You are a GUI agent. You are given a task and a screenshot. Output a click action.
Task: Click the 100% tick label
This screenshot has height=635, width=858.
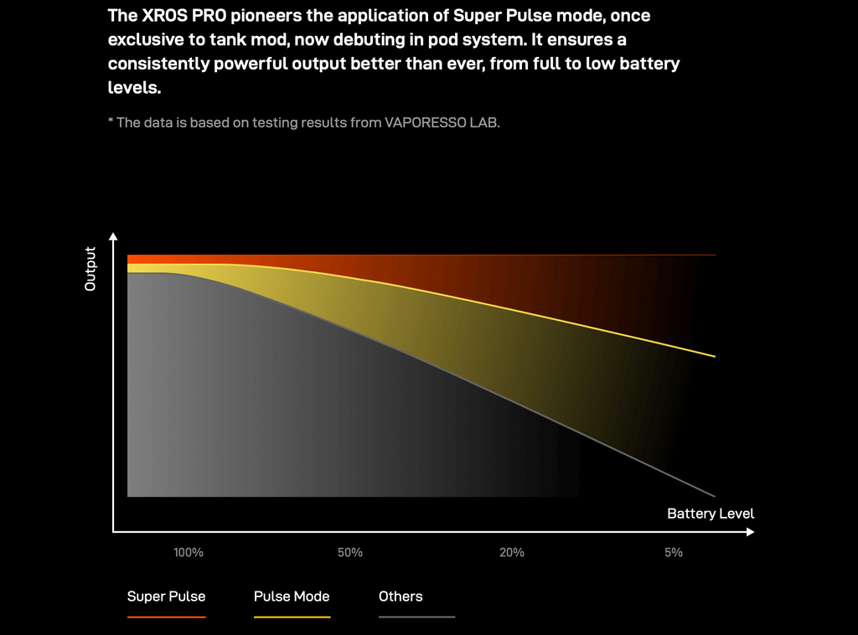click(189, 552)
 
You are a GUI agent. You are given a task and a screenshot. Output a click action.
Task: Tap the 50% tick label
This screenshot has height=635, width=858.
click(350, 552)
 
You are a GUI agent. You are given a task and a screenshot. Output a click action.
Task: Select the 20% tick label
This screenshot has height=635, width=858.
click(512, 552)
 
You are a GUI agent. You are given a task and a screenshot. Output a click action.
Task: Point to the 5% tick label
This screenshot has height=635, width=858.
click(674, 552)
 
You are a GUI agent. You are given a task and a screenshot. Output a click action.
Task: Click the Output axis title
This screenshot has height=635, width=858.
click(90, 269)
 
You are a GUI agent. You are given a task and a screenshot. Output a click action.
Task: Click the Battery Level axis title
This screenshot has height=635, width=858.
click(711, 514)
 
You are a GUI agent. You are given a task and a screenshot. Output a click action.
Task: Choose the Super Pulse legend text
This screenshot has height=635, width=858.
click(167, 596)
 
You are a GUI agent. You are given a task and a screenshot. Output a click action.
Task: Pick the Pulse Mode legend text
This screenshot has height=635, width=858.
click(292, 596)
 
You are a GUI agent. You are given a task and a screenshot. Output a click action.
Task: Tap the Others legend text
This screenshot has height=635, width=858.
click(401, 596)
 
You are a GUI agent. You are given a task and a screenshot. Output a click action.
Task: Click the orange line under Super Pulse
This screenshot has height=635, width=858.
click(167, 617)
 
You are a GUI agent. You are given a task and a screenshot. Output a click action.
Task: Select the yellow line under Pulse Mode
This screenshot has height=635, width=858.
click(292, 617)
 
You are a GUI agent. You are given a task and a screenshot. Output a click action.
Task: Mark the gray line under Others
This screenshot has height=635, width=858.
click(417, 617)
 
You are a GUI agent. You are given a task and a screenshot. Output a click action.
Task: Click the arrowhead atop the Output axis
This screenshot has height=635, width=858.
click(113, 236)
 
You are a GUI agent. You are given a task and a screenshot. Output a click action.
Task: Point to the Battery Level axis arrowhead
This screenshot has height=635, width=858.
click(750, 532)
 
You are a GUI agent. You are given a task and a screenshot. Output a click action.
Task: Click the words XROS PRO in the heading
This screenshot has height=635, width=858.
click(183, 15)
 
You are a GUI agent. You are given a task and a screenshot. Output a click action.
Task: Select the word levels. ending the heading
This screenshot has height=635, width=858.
click(135, 87)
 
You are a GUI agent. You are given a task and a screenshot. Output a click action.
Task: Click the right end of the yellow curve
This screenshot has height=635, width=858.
click(716, 357)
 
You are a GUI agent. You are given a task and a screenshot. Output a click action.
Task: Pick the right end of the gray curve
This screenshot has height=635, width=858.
click(716, 496)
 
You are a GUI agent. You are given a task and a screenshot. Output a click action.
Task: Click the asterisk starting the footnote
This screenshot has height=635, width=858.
click(111, 121)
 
